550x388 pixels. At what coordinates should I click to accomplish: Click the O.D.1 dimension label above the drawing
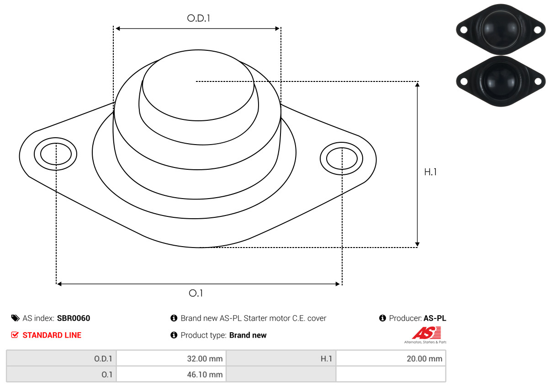tap(198, 18)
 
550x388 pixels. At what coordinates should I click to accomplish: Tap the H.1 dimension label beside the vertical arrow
tap(430, 172)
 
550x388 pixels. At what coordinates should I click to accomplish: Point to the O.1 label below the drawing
tap(196, 293)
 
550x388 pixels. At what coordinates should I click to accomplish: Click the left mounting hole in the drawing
tap(56, 154)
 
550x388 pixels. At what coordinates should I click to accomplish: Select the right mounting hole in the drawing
tap(342, 159)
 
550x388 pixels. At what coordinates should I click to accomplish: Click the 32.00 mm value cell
tap(171, 358)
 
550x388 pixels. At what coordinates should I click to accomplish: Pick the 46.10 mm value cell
tap(171, 374)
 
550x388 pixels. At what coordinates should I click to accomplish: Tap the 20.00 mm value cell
tap(391, 358)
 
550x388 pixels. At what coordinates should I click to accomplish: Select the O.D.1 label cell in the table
tap(61, 358)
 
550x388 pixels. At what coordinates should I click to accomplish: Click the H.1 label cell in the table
tap(281, 358)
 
